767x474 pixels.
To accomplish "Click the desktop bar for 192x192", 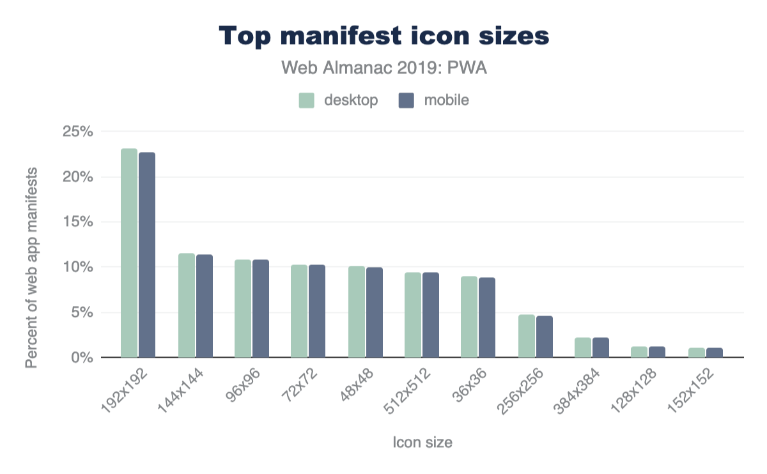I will tap(129, 253).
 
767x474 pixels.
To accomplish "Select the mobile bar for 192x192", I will tap(147, 255).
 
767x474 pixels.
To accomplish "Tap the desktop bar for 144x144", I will tap(187, 305).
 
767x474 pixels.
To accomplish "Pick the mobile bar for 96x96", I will tap(261, 309).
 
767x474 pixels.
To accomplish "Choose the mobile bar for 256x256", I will tap(545, 337).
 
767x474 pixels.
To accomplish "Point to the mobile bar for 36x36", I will tap(487, 317).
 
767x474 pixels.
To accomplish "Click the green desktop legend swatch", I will tap(307, 100).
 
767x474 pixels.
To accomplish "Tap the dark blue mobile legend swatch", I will tap(406, 100).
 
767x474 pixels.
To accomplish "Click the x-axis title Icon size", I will tap(422, 442).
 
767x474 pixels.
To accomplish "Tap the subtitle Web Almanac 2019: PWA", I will tap(384, 68).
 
